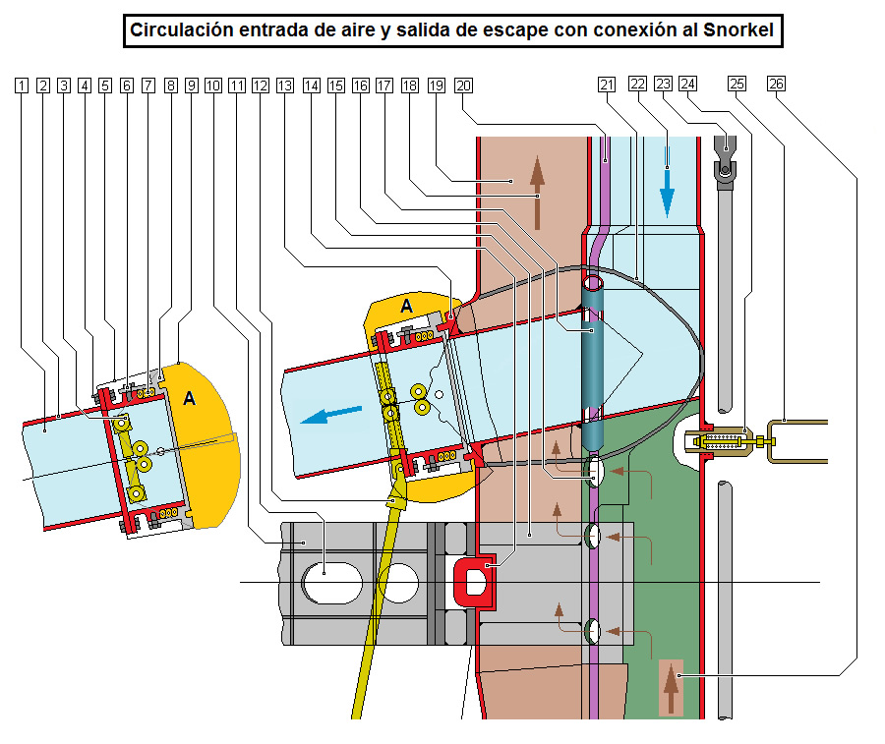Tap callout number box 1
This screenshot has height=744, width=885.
[23, 86]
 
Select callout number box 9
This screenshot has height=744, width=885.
[191, 86]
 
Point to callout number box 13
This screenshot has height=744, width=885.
[285, 86]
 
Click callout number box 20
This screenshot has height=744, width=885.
[463, 86]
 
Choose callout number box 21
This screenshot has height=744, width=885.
[606, 86]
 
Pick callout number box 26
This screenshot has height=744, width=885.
[776, 86]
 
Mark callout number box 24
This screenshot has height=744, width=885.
[687, 86]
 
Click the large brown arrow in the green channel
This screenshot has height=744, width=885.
[672, 688]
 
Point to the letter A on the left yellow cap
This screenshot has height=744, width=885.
[190, 397]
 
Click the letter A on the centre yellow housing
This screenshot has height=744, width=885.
[405, 307]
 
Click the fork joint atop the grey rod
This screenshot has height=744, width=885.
[725, 161]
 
